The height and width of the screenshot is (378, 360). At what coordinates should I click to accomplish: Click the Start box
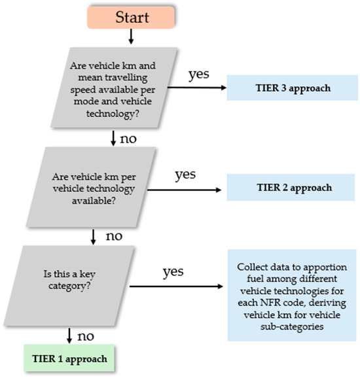click(x=131, y=18)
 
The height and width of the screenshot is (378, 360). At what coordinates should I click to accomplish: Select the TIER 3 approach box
click(x=292, y=88)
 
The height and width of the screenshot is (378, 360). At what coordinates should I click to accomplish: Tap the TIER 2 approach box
click(x=291, y=187)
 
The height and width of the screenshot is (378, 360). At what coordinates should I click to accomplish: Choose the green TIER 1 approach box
click(x=69, y=358)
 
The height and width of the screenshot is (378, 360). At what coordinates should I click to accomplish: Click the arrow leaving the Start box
click(x=131, y=37)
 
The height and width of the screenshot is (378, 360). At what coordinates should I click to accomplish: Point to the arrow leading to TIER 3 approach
click(x=197, y=88)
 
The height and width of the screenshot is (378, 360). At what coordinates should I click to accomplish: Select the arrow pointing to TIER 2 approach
click(x=184, y=190)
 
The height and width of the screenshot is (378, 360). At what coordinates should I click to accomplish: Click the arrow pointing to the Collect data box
click(x=176, y=286)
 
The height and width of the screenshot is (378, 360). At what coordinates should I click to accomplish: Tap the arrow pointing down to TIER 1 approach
click(x=69, y=335)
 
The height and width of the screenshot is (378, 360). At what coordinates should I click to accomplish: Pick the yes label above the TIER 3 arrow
click(x=198, y=75)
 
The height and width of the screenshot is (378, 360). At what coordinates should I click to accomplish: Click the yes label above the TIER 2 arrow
click(x=185, y=175)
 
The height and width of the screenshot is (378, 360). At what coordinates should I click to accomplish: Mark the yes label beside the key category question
click(x=173, y=271)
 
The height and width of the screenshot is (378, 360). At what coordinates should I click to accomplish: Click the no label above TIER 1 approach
click(x=86, y=336)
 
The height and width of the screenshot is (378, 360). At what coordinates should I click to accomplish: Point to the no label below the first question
click(x=128, y=139)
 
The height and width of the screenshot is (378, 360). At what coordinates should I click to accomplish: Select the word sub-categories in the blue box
click(x=292, y=327)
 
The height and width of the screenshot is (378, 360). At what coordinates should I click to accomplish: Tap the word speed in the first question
click(x=82, y=90)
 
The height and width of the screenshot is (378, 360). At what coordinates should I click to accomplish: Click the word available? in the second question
click(x=94, y=201)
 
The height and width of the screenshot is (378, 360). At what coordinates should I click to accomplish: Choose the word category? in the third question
click(x=69, y=286)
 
